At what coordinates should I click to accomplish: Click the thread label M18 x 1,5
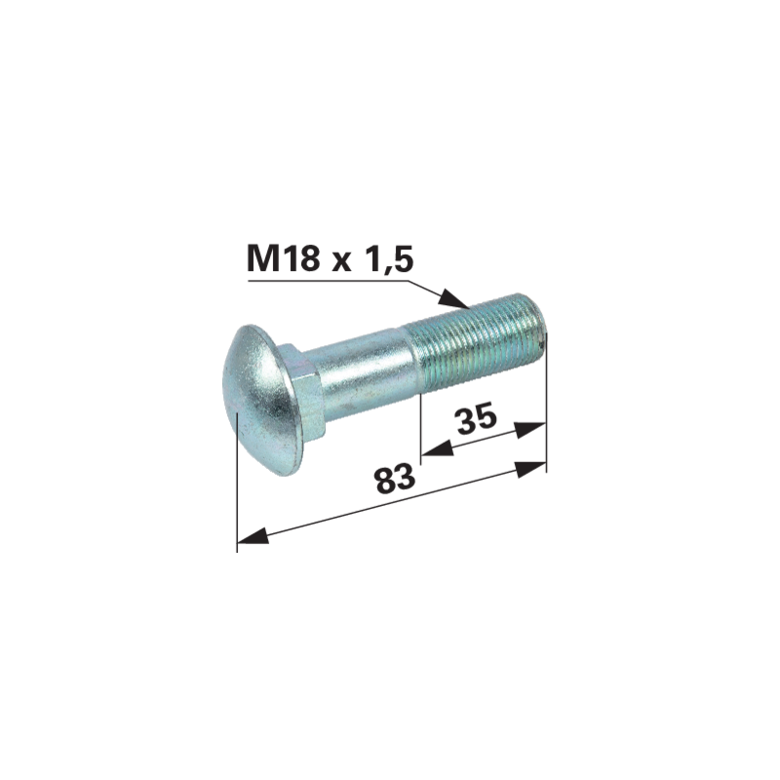tap(330, 259)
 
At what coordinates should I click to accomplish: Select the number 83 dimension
tap(396, 478)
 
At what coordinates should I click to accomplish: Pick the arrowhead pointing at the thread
tap(453, 299)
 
